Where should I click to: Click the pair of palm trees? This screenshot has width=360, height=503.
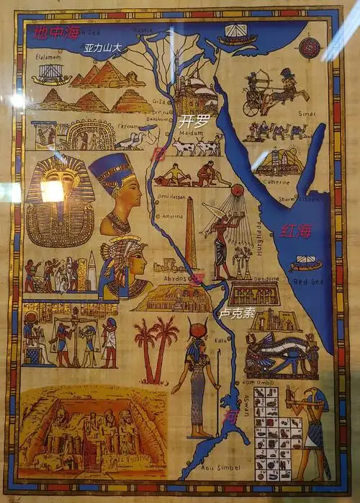pyautogui.click(x=156, y=350)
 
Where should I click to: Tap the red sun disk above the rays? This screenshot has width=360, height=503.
pyautogui.click(x=237, y=190)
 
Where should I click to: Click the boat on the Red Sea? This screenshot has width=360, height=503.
pyautogui.click(x=305, y=264)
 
